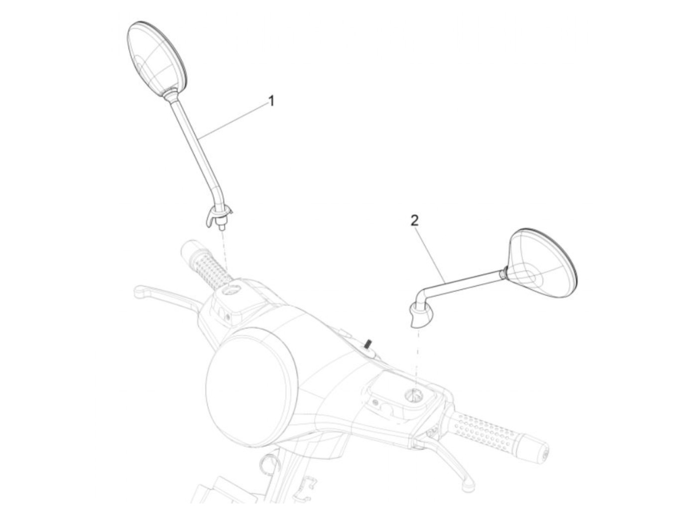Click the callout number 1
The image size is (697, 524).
click(271, 101)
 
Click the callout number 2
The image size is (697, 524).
click(415, 221)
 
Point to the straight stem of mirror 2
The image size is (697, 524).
click(463, 282)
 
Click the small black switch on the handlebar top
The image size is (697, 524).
click(369, 344)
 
